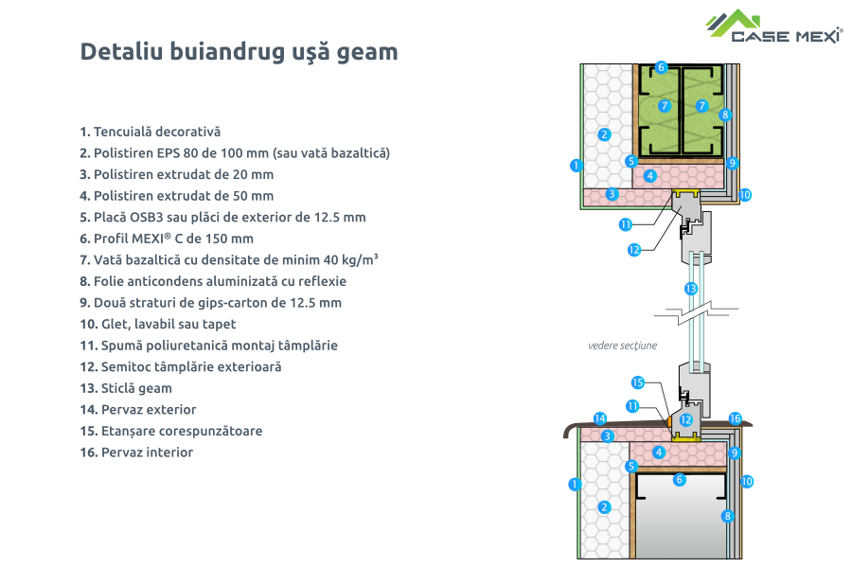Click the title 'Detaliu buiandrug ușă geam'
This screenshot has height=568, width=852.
pyautogui.click(x=239, y=52)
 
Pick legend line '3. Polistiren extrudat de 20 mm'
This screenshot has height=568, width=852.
pyautogui.click(x=176, y=174)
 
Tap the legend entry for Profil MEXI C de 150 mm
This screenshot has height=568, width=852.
pyautogui.click(x=167, y=239)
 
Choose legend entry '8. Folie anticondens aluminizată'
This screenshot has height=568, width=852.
pyautogui.click(x=213, y=281)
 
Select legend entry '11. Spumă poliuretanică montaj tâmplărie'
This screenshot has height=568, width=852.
pyautogui.click(x=208, y=346)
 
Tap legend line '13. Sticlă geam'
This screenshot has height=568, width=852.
pyautogui.click(x=126, y=388)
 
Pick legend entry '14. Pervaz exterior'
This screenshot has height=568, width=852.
pyautogui.click(x=138, y=410)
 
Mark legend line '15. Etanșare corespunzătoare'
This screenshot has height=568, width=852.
pyautogui.click(x=171, y=431)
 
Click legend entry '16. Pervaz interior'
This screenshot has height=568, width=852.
pyautogui.click(x=136, y=453)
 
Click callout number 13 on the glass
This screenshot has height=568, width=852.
pyautogui.click(x=692, y=288)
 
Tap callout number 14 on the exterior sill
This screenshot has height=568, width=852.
pyautogui.click(x=599, y=417)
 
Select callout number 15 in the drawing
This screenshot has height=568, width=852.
pyautogui.click(x=637, y=382)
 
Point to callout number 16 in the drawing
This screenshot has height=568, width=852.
pyautogui.click(x=735, y=417)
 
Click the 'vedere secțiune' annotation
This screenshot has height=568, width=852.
pyautogui.click(x=621, y=346)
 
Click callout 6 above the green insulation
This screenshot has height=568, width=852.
pyautogui.click(x=661, y=67)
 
